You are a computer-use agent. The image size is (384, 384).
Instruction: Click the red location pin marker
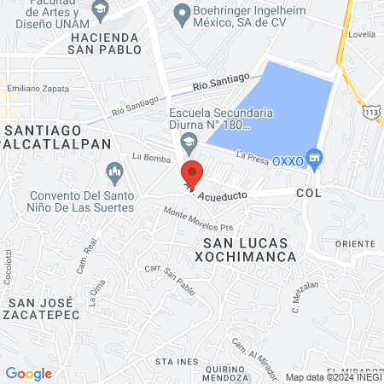click(x=192, y=174)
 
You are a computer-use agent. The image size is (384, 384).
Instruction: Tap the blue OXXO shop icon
click(x=315, y=157)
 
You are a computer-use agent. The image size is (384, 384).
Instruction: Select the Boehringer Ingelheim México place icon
click(x=182, y=14)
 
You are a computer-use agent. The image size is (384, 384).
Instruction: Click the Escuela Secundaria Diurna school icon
click(x=189, y=140)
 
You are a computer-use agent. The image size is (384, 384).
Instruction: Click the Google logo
click(x=28, y=373)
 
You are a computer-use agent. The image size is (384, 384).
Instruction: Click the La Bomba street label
click(x=147, y=157)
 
